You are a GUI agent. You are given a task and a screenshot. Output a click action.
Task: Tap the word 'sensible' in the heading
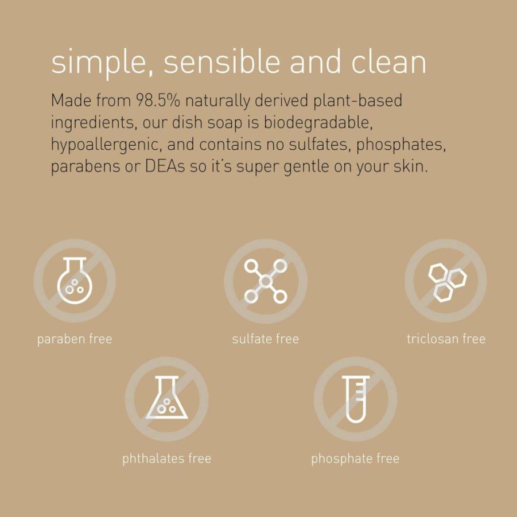coord(221,61)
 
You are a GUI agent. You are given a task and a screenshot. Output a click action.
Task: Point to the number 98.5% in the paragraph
coord(158,100)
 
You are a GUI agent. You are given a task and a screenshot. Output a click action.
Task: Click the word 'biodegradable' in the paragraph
coord(318,122)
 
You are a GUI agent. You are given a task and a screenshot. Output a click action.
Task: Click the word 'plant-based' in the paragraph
coord(357,101)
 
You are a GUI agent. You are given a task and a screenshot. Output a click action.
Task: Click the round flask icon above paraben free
coord(75,281)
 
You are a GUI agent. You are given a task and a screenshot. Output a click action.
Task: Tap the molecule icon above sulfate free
coord(266,281)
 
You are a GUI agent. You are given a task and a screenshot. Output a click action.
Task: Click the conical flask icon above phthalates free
coord(167,398)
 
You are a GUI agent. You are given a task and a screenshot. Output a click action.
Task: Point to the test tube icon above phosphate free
coord(356,399)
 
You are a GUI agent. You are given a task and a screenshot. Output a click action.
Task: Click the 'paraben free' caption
coord(75,339)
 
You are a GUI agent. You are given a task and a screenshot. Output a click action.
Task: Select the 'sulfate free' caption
coord(266,339)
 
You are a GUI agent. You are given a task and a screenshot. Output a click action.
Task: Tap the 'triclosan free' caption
coord(446,339)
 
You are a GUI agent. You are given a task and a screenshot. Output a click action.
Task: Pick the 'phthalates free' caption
coord(167,458)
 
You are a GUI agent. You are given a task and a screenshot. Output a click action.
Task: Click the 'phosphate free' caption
coord(355,458)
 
